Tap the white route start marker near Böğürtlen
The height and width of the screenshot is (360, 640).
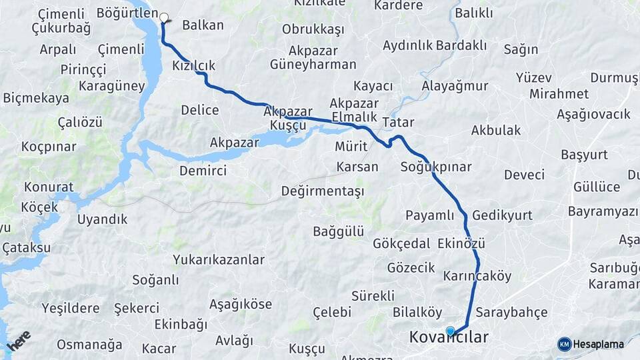pyautogui.click(x=163, y=19)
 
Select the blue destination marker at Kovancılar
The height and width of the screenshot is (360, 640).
pyautogui.click(x=451, y=331)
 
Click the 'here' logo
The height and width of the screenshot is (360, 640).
pyautogui.click(x=19, y=340)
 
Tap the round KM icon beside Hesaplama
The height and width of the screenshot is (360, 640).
pyautogui.click(x=565, y=344)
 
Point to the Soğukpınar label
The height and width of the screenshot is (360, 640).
pyautogui.click(x=436, y=167)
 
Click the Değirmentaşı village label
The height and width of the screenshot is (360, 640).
pyautogui.click(x=323, y=191)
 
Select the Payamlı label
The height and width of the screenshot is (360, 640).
pyautogui.click(x=429, y=215)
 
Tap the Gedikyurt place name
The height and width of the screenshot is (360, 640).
pyautogui.click(x=502, y=215)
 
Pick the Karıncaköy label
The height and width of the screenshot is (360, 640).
pyautogui.click(x=477, y=275)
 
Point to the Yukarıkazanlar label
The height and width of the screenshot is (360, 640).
pyautogui.click(x=218, y=259)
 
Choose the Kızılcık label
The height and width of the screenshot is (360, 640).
pyautogui.click(x=193, y=65)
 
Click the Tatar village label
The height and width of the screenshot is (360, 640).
pyautogui.click(x=398, y=123)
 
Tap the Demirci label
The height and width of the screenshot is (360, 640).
pyautogui.click(x=203, y=171)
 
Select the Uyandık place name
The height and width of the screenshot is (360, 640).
pyautogui.click(x=102, y=219)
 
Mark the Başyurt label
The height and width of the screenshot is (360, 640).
pyautogui.click(x=584, y=155)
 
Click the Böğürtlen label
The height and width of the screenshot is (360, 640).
pyautogui.click(x=127, y=13)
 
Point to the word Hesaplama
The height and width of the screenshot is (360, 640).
pyautogui.click(x=599, y=344)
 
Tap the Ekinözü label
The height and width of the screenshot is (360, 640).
pyautogui.click(x=461, y=243)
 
